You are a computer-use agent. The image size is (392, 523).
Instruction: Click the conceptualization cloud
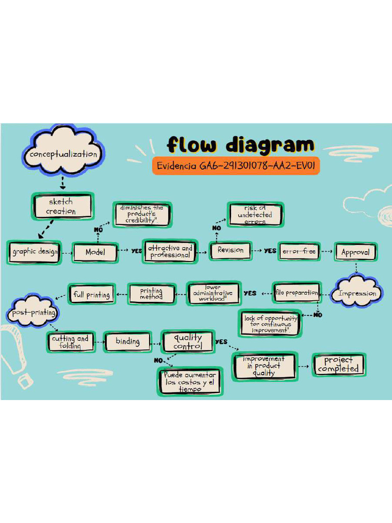(x=63, y=153)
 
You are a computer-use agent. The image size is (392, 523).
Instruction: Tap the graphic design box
(x=35, y=252)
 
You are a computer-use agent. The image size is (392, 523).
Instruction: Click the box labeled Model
(x=95, y=252)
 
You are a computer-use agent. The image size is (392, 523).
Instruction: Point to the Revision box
(x=231, y=250)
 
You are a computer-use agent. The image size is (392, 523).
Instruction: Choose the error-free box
(x=299, y=251)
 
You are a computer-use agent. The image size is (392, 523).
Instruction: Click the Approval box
(x=355, y=252)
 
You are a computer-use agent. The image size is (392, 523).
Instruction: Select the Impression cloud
(x=357, y=293)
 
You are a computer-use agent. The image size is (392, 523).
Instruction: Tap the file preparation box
(x=297, y=293)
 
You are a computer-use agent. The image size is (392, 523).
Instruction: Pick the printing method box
(x=151, y=294)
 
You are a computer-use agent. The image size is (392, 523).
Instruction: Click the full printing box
(x=92, y=295)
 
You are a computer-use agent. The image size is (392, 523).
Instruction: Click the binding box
(x=128, y=342)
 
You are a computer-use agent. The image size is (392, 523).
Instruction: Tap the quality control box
(x=188, y=342)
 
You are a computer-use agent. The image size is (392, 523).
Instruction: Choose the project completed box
(x=338, y=365)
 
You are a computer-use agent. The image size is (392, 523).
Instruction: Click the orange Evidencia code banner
(x=236, y=166)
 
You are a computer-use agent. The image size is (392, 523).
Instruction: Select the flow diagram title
(x=240, y=145)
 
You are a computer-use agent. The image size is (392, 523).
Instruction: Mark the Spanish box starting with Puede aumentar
(x=190, y=382)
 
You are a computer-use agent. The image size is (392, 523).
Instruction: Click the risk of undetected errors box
(x=255, y=215)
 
